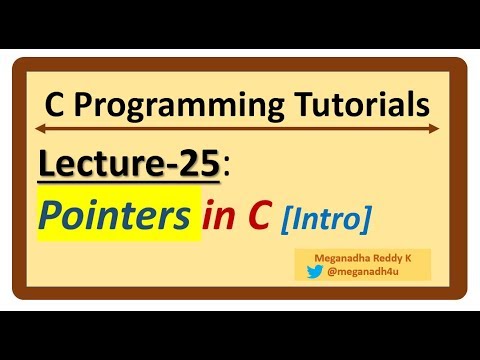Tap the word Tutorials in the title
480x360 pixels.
pos(355,104)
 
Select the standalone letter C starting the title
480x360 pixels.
pos(56,104)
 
